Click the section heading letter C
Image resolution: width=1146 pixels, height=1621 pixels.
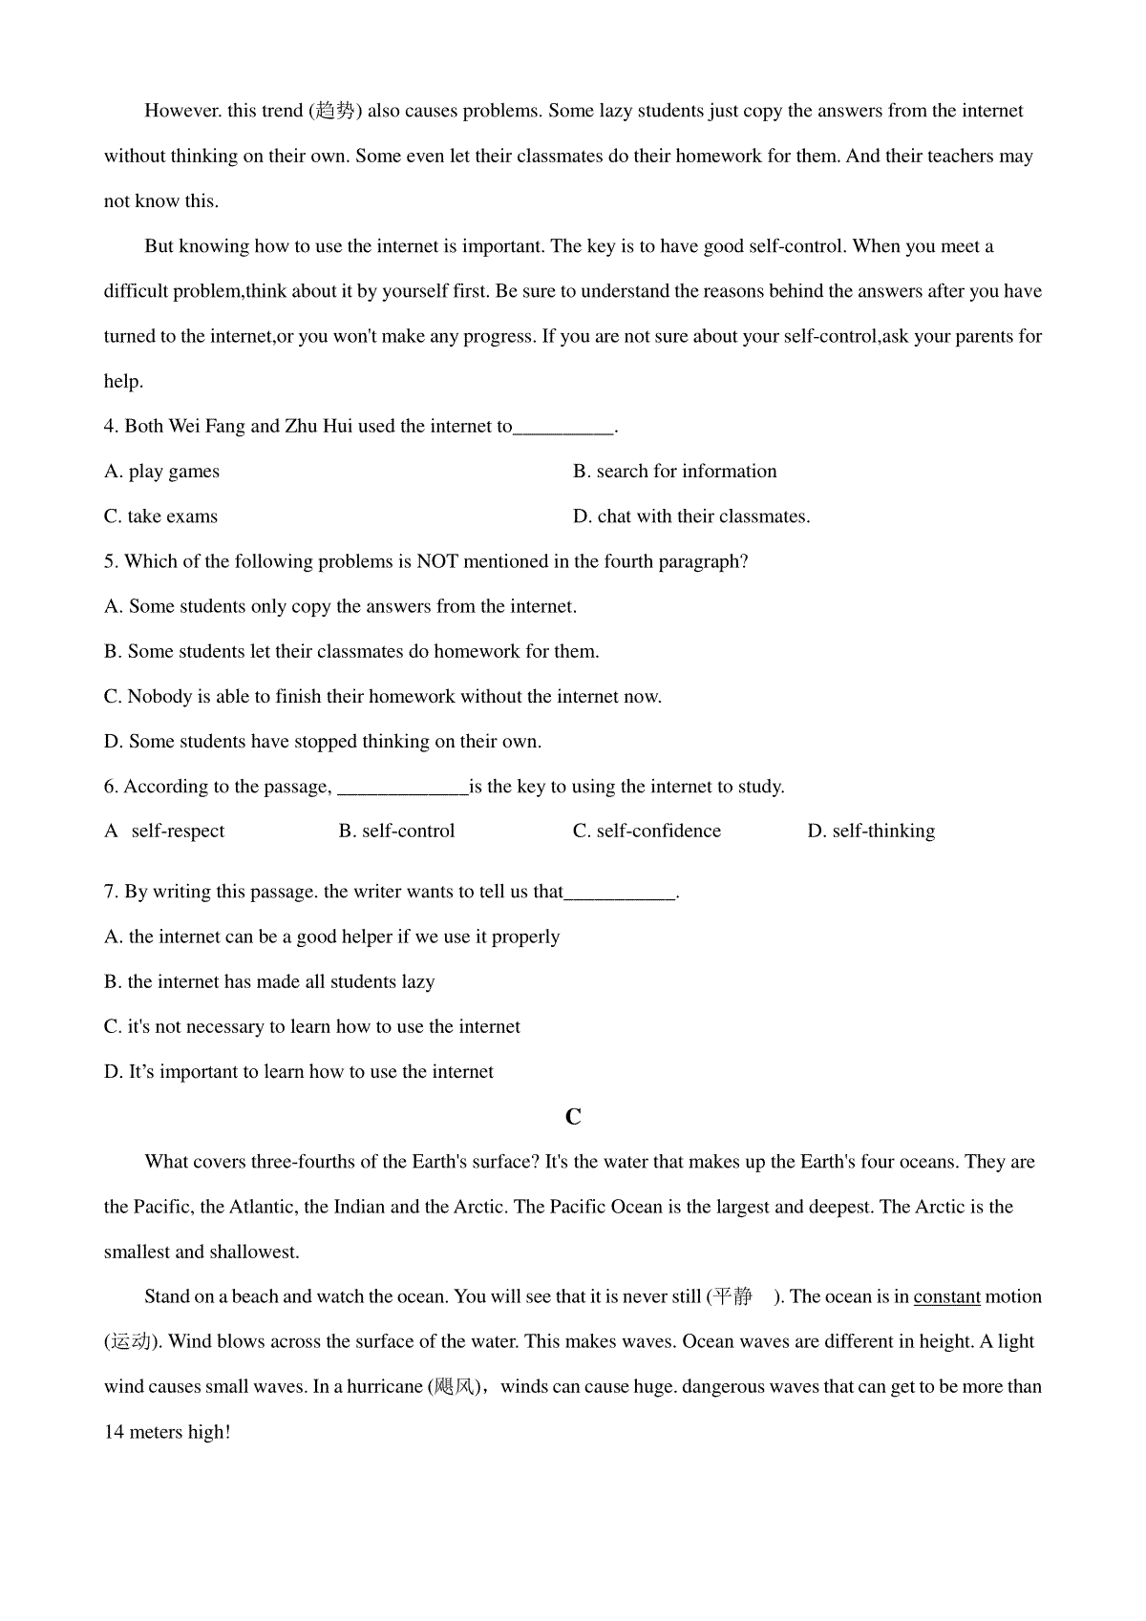[573, 1117]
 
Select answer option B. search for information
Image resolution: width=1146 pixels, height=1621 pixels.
[674, 472]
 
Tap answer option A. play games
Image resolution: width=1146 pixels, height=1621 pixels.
[161, 472]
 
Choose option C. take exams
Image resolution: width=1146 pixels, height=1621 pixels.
[160, 516]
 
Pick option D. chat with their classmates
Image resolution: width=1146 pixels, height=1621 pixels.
[690, 516]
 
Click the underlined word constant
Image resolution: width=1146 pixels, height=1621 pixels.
[946, 1297]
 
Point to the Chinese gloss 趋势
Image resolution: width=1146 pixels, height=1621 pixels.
[335, 111]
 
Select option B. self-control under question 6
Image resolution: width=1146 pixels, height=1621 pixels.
[396, 832]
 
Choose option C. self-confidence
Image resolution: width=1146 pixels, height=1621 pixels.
[647, 832]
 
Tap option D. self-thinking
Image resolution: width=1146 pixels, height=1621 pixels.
[871, 832]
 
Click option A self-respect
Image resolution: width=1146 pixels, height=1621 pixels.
[164, 832]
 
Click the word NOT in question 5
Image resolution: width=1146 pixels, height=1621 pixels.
[437, 561]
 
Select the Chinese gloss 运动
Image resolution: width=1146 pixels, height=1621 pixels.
[130, 1342]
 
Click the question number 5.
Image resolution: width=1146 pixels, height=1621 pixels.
[110, 561]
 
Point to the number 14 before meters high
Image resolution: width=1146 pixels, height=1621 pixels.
[114, 1432]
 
